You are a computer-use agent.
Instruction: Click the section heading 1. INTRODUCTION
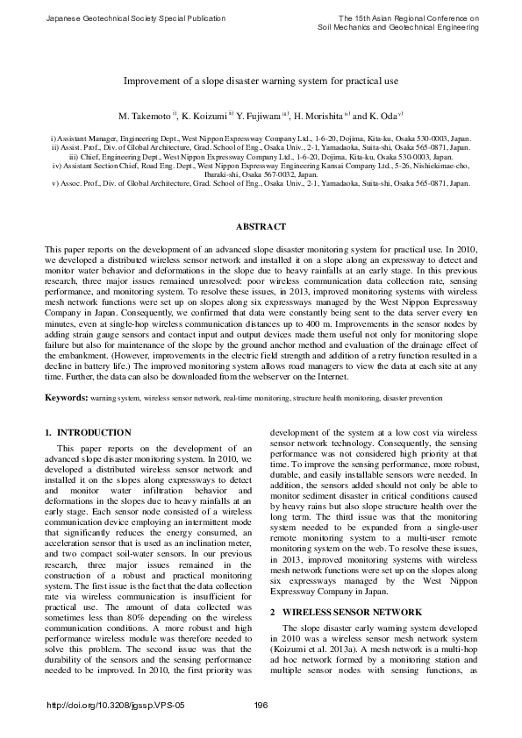point(88,433)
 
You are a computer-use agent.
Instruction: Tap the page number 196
point(261,706)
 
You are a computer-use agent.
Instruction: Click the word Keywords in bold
point(66,398)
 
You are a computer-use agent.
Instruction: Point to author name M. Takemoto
point(146,116)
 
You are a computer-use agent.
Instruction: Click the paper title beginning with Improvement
point(261,80)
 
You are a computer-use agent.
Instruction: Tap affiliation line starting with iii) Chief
point(261,156)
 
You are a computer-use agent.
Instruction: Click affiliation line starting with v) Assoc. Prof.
point(261,184)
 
